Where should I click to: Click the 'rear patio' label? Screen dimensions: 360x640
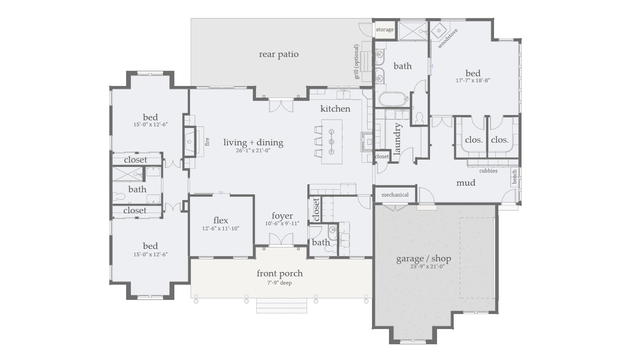(279, 54)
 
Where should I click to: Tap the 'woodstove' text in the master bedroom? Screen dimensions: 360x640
(448, 38)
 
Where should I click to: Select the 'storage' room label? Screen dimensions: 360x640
(385, 30)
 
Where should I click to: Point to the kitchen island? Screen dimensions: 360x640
(332, 142)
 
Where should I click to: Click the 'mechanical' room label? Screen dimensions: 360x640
(395, 195)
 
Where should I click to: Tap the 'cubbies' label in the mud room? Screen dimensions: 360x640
(488, 171)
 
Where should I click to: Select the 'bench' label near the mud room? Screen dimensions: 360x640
(514, 177)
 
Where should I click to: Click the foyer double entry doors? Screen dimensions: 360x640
(281, 239)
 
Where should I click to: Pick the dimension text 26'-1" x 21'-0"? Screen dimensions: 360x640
(253, 150)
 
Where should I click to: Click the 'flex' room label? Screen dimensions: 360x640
(221, 220)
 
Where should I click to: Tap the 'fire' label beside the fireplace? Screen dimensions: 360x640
(207, 142)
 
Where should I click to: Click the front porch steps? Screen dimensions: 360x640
(281, 305)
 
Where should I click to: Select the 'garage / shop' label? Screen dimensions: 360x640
(424, 259)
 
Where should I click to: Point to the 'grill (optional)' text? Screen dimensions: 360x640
(357, 62)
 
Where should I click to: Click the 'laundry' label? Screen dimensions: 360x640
(397, 139)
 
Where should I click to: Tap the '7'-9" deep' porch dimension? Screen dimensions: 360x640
(279, 283)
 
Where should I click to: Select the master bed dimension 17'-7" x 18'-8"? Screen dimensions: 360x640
(473, 80)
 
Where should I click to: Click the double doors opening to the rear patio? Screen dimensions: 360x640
(281, 105)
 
